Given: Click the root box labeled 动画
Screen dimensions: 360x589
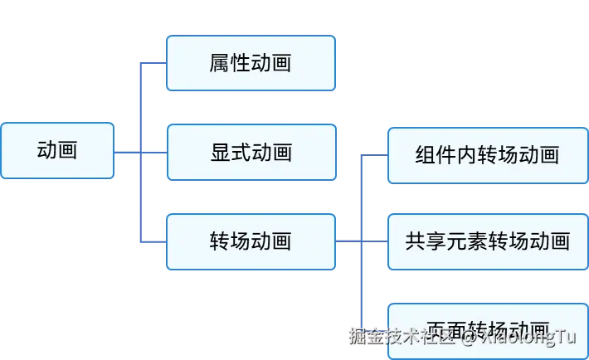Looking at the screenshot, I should tap(57, 150).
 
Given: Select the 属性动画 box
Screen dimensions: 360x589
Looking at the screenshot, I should tap(251, 63).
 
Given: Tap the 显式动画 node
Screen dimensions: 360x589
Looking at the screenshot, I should tap(251, 153).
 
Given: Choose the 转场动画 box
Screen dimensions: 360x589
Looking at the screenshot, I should tap(251, 241).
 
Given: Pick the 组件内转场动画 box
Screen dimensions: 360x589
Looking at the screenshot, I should tap(487, 155).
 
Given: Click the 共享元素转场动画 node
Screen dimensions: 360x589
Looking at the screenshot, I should tap(487, 241).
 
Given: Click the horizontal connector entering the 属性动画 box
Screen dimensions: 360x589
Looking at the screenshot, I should tap(155, 63).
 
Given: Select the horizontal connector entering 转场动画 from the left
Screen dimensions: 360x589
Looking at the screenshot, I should tap(155, 241).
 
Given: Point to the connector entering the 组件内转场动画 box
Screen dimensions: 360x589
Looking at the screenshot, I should tap(375, 155).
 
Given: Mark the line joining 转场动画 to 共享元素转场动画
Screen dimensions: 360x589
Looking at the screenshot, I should tap(363, 241).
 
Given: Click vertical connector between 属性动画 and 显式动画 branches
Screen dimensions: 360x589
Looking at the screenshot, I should tap(143, 108).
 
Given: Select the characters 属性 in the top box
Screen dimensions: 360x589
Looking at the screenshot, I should tap(230, 63).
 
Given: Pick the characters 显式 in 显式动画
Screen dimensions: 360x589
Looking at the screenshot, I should tap(230, 153).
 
